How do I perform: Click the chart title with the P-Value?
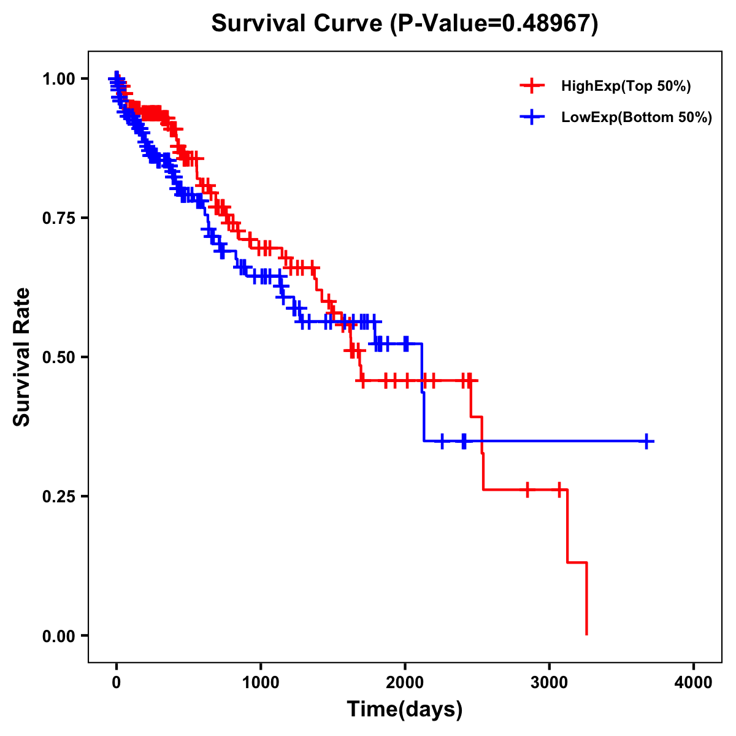404,23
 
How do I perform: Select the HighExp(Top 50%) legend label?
626,86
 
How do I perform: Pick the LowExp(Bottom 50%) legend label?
637,118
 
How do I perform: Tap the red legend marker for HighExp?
532,86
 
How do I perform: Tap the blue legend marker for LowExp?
532,117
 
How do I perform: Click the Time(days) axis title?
405,710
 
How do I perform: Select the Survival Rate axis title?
22,357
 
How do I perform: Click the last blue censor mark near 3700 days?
646,441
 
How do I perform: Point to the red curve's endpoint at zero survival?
587,634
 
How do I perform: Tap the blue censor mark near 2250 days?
442,441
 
